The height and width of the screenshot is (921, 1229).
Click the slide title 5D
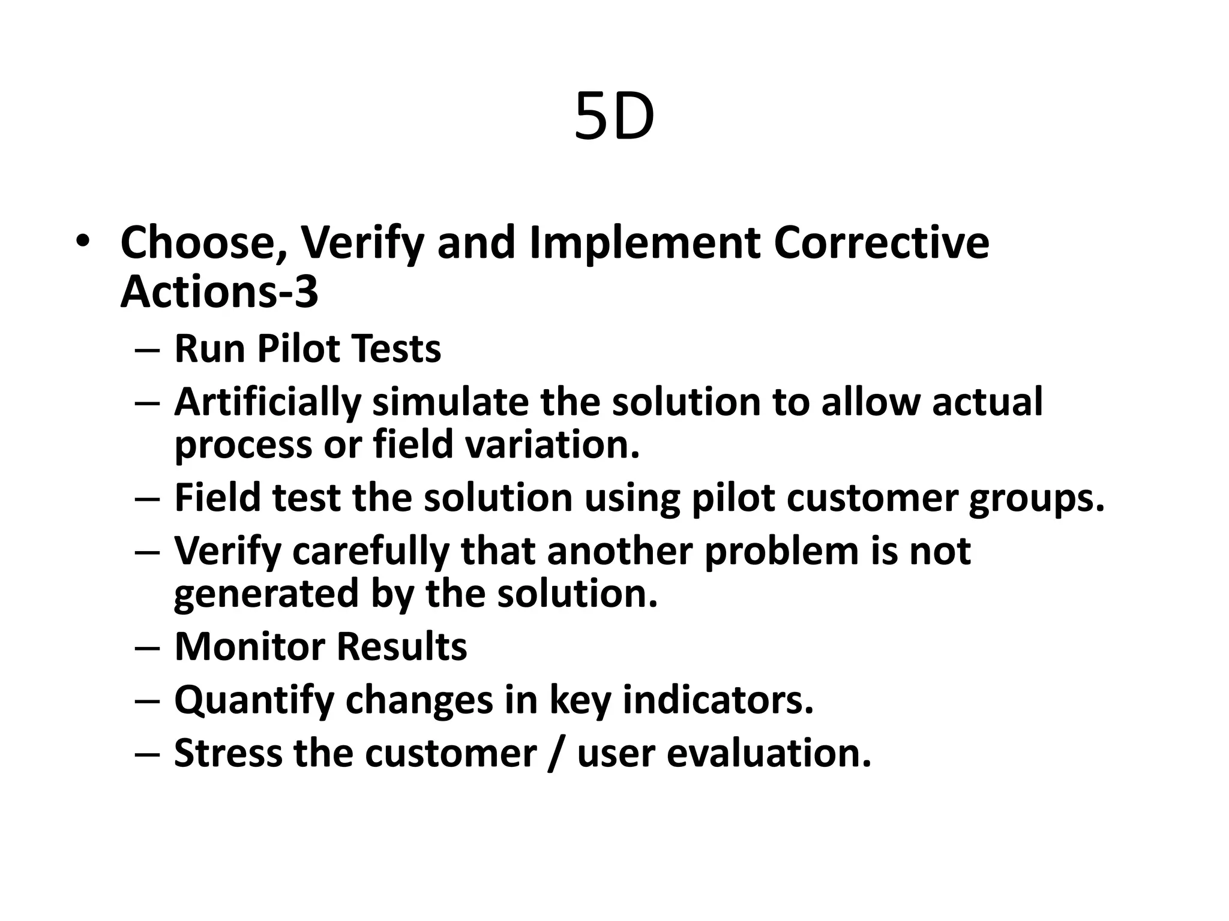(614, 118)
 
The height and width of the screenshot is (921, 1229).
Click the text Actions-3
(219, 292)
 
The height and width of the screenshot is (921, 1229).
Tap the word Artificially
(268, 402)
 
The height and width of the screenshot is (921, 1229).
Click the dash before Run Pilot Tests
(148, 350)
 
